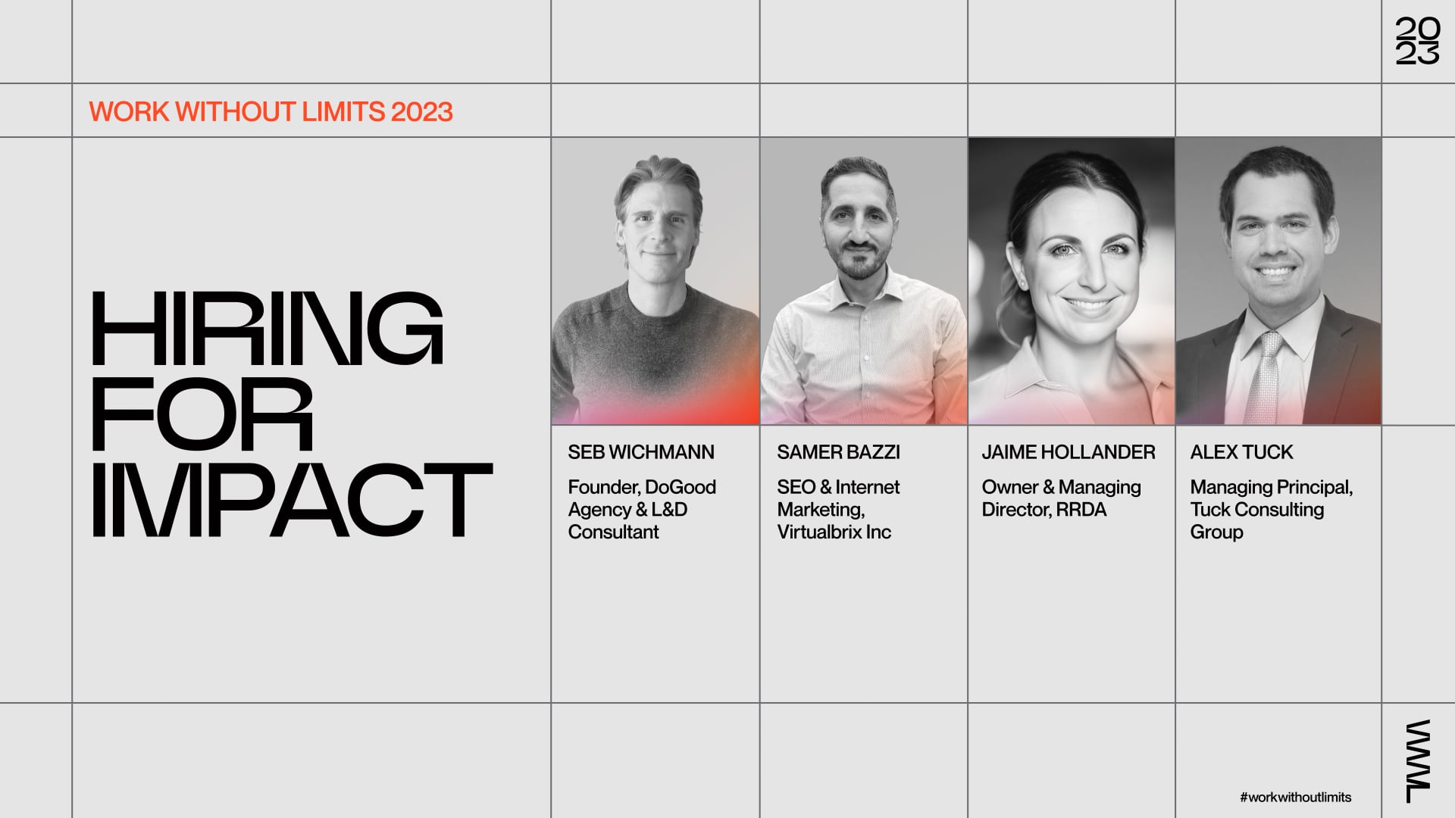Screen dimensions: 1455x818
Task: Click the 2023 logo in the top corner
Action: click(1417, 41)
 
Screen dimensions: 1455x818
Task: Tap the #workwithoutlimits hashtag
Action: click(1296, 797)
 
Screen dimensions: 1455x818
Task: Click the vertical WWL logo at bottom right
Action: click(1418, 760)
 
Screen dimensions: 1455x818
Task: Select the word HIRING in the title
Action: click(267, 329)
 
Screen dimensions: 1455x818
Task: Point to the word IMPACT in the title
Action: click(292, 501)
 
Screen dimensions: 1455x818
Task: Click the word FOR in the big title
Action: click(202, 415)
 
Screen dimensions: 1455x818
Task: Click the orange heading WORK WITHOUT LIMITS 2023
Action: click(271, 112)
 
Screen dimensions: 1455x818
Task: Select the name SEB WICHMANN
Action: click(641, 452)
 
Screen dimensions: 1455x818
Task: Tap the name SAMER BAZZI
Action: click(838, 452)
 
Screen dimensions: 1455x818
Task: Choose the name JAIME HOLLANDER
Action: click(1069, 452)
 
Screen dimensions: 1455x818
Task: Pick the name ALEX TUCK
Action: click(1241, 452)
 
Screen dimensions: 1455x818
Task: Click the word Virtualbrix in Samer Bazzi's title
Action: click(819, 532)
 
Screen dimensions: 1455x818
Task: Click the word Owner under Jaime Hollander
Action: click(1009, 487)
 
